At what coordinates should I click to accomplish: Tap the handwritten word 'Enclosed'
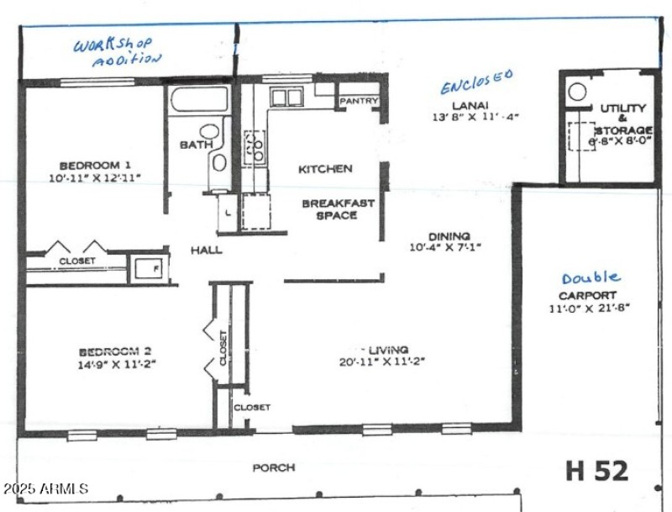pos(476,82)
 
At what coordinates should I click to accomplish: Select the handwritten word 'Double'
pos(591,277)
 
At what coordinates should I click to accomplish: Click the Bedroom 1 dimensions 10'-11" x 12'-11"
pos(95,178)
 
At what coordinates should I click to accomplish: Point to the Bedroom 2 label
pos(116,351)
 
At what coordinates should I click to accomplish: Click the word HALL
pos(205,250)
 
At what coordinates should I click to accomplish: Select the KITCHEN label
pos(325,169)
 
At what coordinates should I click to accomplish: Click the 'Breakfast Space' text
pos(329,209)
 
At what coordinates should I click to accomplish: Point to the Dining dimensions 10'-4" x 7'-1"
pos(450,248)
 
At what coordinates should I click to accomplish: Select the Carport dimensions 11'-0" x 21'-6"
pos(588,308)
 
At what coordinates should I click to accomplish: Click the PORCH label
pos(274,467)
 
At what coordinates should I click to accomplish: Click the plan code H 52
pos(596,470)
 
